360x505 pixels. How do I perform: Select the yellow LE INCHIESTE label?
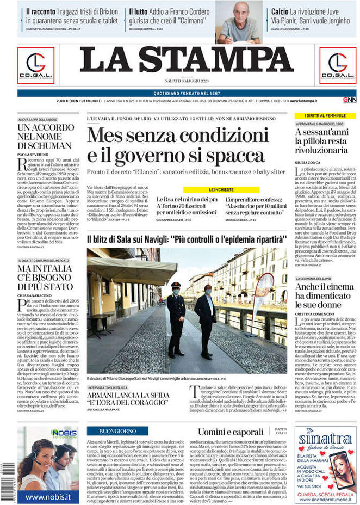point(221,190)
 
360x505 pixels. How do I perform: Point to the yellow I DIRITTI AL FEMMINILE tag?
point(321,116)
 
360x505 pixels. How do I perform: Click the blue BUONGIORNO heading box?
point(117,431)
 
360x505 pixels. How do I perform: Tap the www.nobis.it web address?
point(48,496)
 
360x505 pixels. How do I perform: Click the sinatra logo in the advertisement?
point(325,440)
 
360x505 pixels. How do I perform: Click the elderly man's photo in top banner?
point(239,22)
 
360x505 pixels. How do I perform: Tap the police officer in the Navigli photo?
point(176,318)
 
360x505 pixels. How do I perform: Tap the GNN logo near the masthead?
point(349,101)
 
